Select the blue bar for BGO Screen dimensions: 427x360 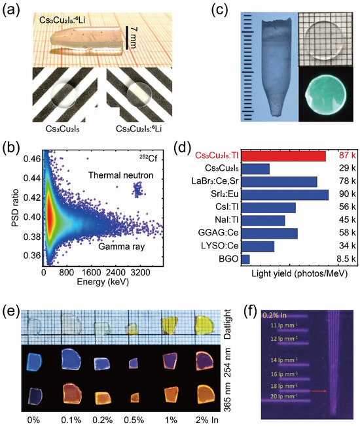pos(245,260)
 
